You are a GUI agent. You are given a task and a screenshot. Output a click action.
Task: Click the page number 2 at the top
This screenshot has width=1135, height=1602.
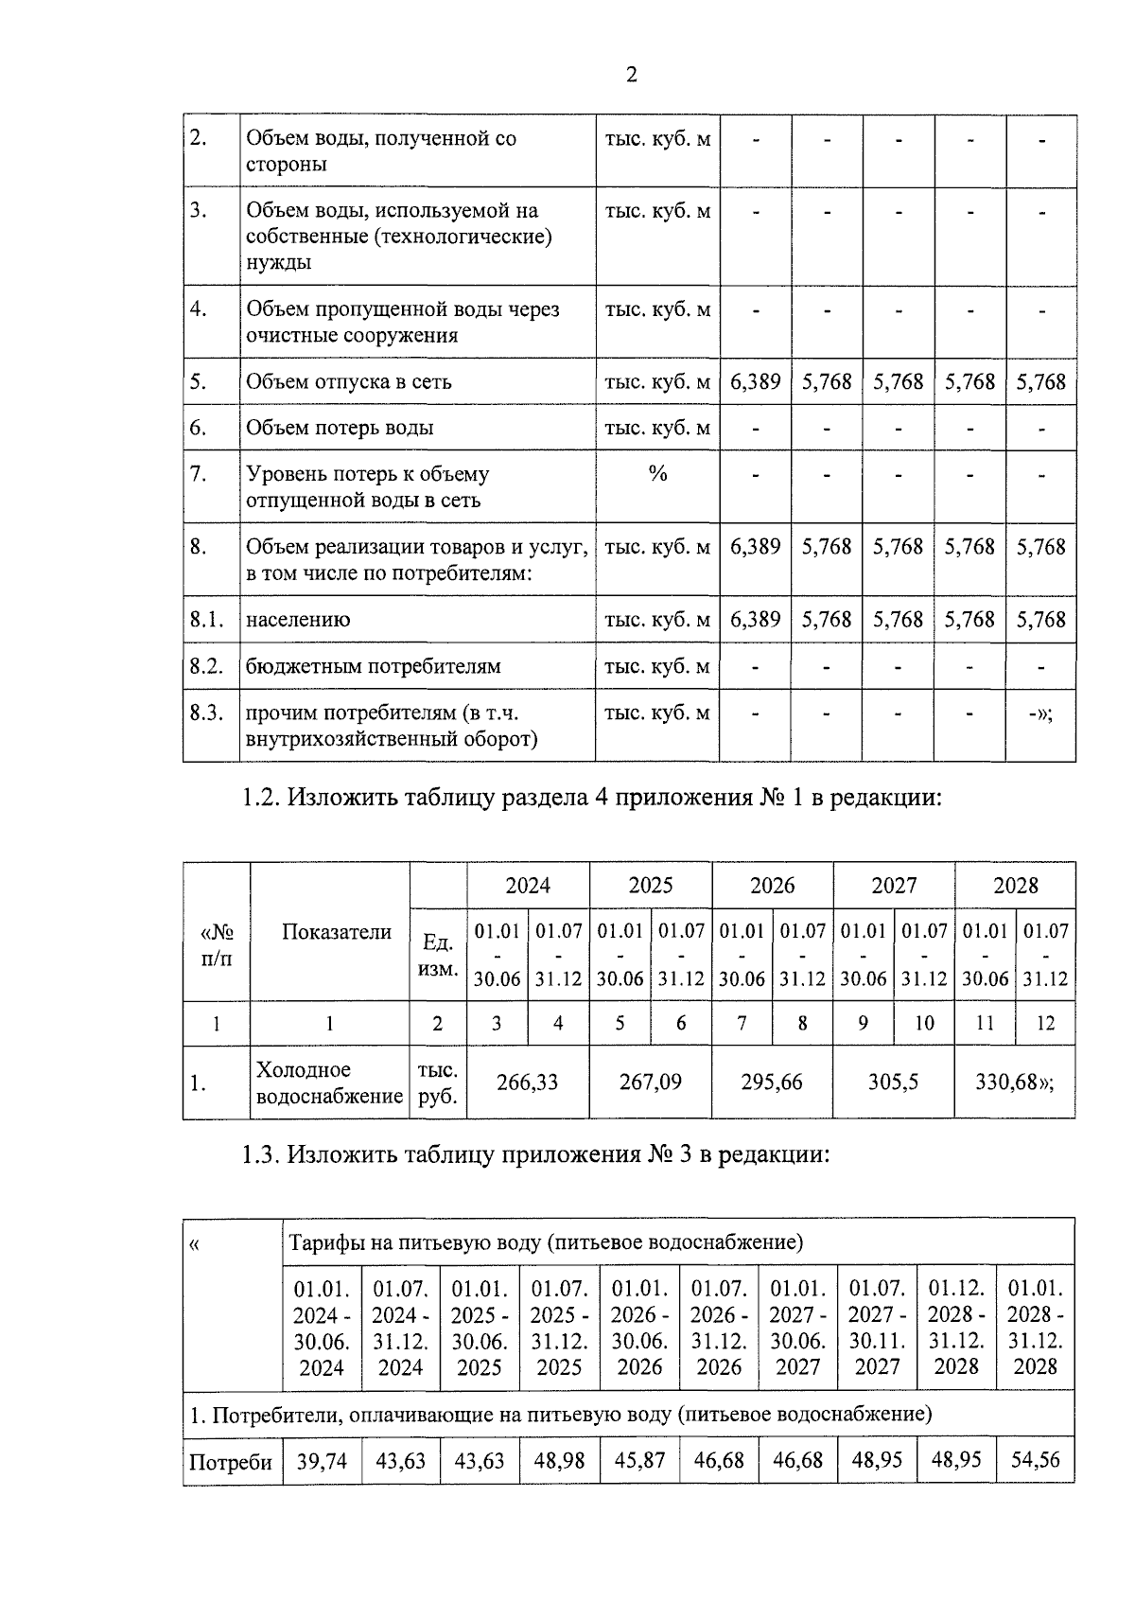632,76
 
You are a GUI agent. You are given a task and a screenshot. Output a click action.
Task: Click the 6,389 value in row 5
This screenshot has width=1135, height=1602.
755,382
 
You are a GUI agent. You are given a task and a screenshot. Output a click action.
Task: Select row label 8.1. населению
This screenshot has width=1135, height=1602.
298,620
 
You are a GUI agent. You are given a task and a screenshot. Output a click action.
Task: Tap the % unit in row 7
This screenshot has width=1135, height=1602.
657,474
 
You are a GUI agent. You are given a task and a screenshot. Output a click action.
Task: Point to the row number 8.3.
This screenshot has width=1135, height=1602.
206,713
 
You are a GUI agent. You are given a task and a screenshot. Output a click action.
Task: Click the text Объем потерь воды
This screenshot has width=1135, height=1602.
340,429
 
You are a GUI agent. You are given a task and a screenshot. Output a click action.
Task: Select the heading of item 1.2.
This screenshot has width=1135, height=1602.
591,799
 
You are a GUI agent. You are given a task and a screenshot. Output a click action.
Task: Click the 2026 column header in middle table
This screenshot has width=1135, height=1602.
772,886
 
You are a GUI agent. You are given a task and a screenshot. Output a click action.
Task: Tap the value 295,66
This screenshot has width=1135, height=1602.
772,1083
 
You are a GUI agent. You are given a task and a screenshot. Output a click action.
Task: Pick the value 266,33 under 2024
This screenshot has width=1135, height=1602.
528,1083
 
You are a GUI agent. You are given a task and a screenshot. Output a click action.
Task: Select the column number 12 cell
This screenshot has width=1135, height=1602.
1045,1023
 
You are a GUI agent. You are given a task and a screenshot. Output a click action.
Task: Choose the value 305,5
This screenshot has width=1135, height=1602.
894,1083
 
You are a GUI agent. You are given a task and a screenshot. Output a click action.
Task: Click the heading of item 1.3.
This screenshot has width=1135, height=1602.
535,1155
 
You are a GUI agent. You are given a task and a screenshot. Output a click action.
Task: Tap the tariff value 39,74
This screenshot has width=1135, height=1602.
322,1461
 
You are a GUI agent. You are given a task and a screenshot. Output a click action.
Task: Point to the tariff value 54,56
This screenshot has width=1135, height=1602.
1035,1461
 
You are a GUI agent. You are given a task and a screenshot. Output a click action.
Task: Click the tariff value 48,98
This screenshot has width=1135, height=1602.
559,1461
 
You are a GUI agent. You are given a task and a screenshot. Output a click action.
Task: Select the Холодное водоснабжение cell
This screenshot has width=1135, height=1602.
329,1083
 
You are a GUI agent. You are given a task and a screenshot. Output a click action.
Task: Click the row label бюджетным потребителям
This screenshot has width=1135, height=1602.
374,667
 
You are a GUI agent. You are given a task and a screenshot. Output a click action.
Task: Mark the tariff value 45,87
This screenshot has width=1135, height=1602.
639,1461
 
